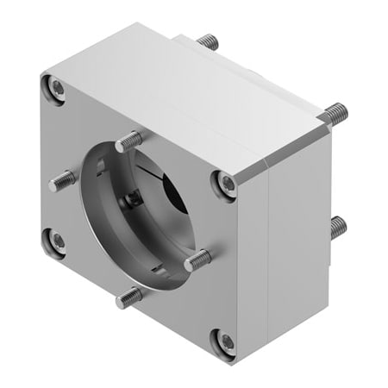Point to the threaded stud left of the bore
(x=64, y=179)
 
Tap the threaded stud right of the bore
(x=197, y=257)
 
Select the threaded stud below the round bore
(x=130, y=297)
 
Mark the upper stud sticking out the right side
(x=335, y=112)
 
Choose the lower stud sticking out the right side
(x=338, y=227)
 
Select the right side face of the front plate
(x=254, y=259)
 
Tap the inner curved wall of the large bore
(x=103, y=233)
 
